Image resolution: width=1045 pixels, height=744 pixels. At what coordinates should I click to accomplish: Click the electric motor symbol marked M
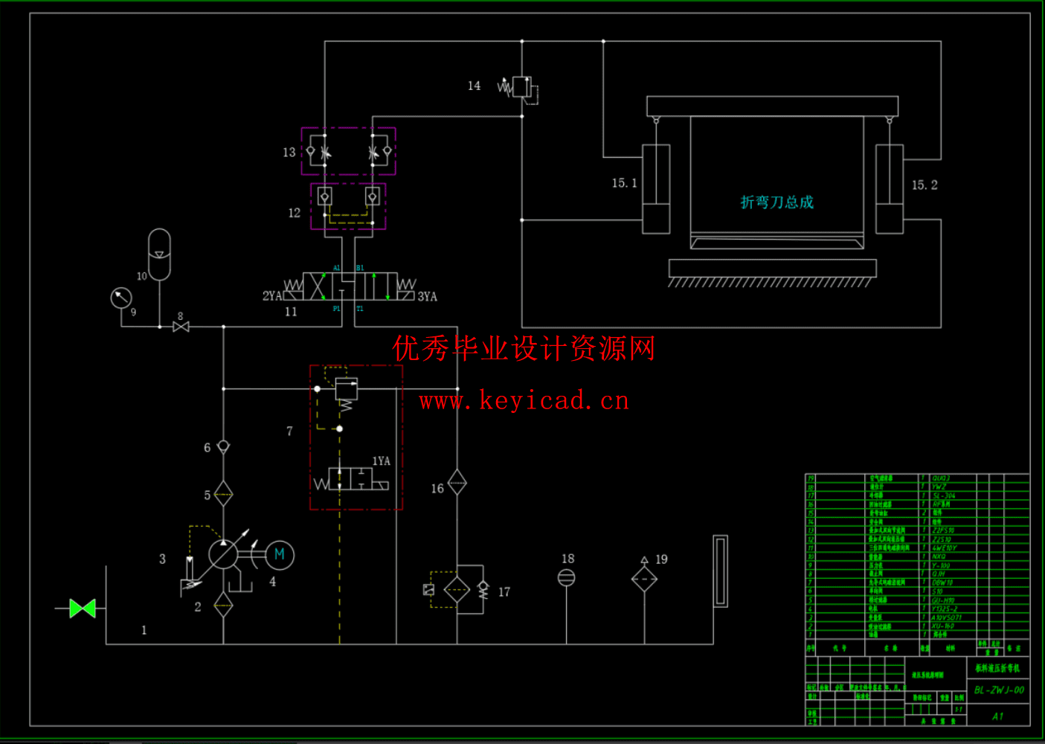pos(280,554)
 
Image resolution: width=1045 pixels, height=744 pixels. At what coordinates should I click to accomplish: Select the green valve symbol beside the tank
pos(83,609)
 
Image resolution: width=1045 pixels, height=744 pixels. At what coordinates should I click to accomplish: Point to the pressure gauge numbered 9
pos(121,298)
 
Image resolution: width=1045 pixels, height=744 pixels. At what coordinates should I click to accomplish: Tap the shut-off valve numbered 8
pos(181,327)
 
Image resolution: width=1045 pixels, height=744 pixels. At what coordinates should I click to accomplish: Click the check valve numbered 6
pos(223,446)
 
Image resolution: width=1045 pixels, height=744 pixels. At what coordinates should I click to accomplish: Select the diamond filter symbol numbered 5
pos(223,493)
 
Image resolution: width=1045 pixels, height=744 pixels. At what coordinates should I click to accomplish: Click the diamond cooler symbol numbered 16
pos(457,482)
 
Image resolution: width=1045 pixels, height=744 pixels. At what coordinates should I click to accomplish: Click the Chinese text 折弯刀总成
pos(776,202)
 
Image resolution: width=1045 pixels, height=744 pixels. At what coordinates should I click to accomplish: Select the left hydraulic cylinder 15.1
pos(656,189)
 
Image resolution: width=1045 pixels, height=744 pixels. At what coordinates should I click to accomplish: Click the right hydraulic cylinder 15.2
pos(890,189)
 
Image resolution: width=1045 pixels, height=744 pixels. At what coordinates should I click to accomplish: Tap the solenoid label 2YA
pos(271,296)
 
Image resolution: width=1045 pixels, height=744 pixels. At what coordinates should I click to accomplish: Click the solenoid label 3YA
pos(427,297)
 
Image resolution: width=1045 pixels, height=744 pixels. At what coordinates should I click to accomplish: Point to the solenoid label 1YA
pos(381,461)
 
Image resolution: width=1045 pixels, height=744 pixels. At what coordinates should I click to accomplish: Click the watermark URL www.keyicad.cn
pos(524,401)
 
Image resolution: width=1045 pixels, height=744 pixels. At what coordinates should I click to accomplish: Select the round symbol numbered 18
pos(566,577)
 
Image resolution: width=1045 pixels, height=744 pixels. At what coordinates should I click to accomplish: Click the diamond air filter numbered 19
pos(644,579)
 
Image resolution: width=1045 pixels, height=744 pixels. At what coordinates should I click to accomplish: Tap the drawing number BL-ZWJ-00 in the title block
pos(999,690)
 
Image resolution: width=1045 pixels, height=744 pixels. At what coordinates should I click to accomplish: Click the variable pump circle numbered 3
pos(222,554)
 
